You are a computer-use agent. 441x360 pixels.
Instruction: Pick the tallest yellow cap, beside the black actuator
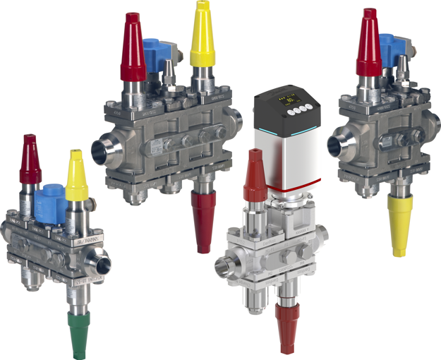click(x=202, y=35)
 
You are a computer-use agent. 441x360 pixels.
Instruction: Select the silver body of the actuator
click(x=282, y=159)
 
